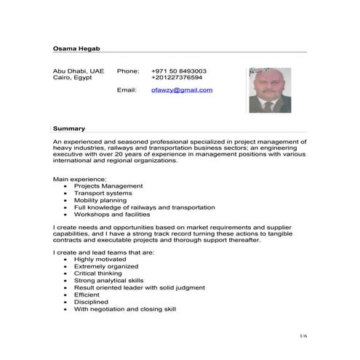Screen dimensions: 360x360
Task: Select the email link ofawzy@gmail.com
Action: click(x=182, y=89)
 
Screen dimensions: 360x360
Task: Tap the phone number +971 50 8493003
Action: click(x=179, y=71)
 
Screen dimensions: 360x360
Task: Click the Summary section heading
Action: click(x=69, y=128)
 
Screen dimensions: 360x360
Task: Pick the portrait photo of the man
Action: click(x=270, y=90)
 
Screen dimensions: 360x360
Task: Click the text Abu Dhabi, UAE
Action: click(x=79, y=71)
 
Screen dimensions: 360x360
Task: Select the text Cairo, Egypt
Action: click(x=73, y=77)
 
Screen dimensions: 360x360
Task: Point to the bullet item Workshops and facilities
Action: click(x=112, y=215)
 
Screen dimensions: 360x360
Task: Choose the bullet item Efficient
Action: click(x=87, y=295)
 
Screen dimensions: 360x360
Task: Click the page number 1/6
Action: click(x=304, y=335)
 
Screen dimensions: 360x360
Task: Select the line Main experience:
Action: click(x=80, y=178)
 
